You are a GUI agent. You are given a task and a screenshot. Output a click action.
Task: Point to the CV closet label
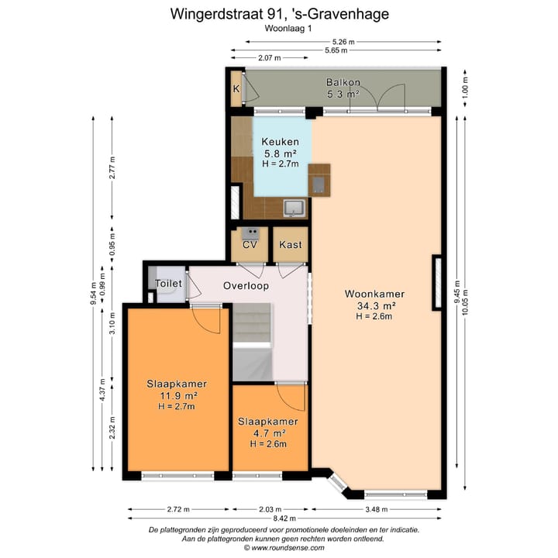point(250,245)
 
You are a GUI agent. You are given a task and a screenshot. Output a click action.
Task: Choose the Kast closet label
point(291,245)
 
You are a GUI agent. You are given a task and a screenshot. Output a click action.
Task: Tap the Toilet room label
point(168,284)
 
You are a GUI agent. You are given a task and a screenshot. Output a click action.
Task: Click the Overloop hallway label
point(246,285)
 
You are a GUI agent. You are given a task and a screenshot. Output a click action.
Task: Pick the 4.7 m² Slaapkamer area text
point(267,433)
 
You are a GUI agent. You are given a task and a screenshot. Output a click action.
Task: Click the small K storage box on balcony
point(236,88)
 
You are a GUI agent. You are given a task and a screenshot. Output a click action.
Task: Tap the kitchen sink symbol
point(294,207)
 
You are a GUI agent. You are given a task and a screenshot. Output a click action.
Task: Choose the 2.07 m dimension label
point(269,58)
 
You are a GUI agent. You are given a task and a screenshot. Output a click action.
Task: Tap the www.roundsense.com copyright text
point(279,547)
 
